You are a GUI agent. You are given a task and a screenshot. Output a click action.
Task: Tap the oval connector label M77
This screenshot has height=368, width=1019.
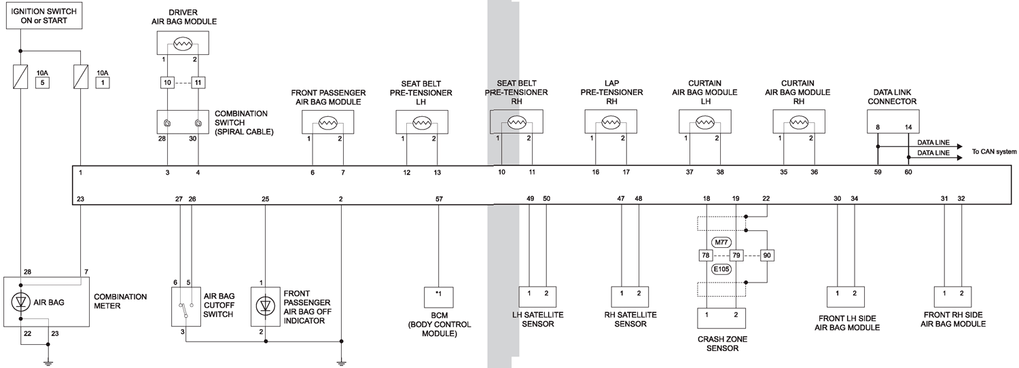[721, 242]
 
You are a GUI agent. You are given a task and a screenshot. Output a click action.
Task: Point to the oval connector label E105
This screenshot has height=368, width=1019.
[721, 269]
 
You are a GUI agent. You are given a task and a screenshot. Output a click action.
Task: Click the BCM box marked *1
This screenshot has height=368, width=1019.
[439, 297]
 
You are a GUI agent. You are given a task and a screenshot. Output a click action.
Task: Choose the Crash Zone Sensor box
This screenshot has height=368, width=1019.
[721, 320]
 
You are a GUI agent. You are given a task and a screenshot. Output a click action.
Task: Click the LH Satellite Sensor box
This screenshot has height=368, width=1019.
[537, 297]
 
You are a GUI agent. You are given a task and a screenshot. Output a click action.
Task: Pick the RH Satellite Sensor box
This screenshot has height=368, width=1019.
[630, 297]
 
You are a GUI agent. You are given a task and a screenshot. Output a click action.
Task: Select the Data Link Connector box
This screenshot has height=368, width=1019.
[892, 122]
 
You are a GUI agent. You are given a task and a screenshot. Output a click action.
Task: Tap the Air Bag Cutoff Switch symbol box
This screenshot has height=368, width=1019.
[186, 307]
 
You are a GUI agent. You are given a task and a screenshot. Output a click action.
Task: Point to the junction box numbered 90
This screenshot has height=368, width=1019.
[768, 256]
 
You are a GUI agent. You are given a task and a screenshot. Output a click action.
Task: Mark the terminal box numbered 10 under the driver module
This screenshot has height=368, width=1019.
[168, 83]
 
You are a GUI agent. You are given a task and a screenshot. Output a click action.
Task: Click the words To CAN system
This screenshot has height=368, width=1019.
[994, 151]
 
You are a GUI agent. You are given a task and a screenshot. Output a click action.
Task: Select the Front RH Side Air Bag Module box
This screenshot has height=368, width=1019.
[953, 297]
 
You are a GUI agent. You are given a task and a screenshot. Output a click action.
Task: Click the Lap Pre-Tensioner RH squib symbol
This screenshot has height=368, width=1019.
[609, 123]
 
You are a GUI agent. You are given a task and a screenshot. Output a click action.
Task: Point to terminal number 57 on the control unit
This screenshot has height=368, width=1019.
[439, 198]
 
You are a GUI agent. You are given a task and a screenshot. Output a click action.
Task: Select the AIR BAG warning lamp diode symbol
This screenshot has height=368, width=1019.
[21, 303]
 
